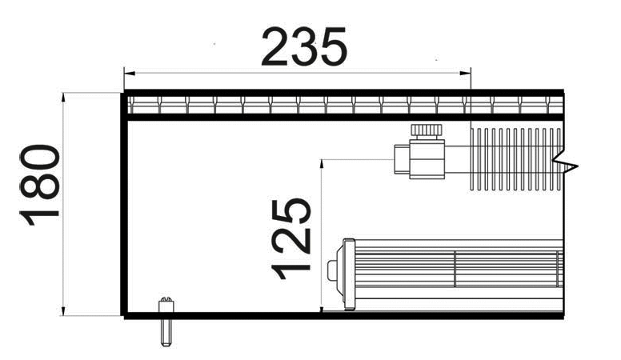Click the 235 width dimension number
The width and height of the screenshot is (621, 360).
[x=304, y=46]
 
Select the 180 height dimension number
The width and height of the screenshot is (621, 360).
[x=39, y=186]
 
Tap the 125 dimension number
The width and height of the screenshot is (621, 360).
[x=290, y=239]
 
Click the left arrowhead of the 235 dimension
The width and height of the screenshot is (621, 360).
[x=130, y=73]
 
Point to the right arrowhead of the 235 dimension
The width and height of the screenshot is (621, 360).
[x=465, y=73]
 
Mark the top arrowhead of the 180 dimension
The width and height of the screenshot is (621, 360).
[x=63, y=98]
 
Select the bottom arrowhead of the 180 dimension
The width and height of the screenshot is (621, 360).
[x=63, y=310]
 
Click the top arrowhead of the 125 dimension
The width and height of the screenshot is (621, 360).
[x=322, y=166]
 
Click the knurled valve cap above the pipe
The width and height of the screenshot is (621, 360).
[x=427, y=130]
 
